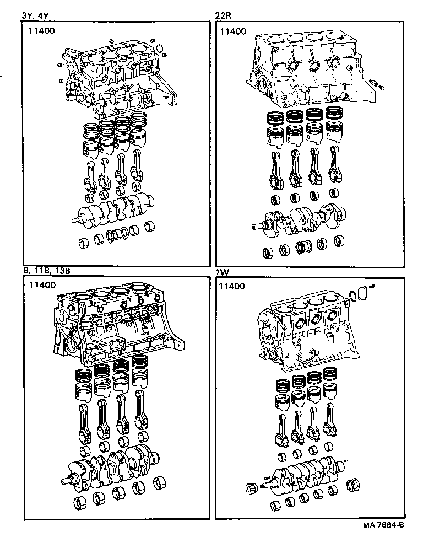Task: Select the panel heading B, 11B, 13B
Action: [47, 271]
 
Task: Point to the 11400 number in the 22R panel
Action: [233, 31]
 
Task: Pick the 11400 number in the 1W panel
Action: [233, 286]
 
